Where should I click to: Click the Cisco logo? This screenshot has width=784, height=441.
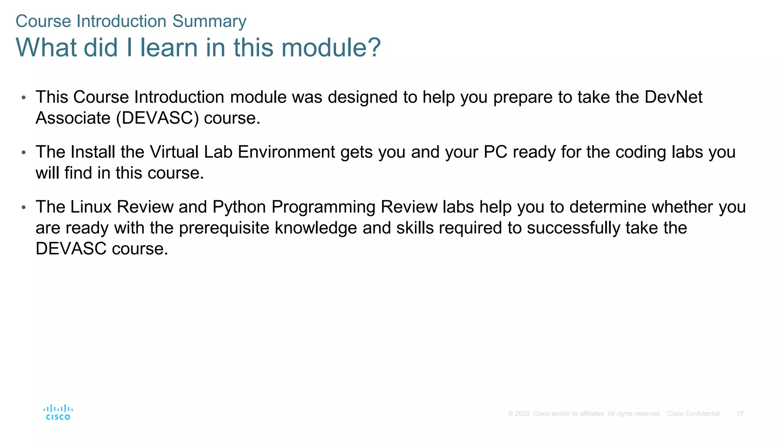pyautogui.click(x=58, y=413)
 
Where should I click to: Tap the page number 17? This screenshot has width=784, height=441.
pyautogui.click(x=740, y=414)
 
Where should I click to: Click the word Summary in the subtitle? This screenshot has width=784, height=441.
pyautogui.click(x=209, y=21)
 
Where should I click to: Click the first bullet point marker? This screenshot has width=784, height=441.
pyautogui.click(x=24, y=98)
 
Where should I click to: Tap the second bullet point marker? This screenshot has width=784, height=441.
pyautogui.click(x=24, y=152)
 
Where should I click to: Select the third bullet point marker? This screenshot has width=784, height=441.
pyautogui.click(x=24, y=207)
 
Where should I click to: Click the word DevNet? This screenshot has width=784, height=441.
pyautogui.click(x=673, y=97)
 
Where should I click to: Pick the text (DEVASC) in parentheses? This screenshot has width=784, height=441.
pyautogui.click(x=157, y=118)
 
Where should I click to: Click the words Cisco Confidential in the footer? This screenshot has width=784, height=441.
pyautogui.click(x=693, y=414)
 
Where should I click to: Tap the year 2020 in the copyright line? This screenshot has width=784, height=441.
pyautogui.click(x=522, y=414)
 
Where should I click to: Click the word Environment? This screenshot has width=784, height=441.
pyautogui.click(x=286, y=152)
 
